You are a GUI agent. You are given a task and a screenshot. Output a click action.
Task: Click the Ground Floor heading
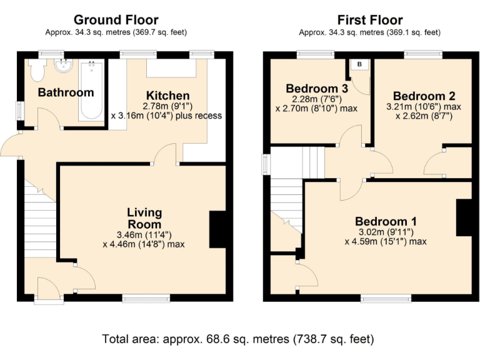click(x=116, y=21)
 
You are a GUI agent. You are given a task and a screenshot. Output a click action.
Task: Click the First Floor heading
click(x=369, y=21)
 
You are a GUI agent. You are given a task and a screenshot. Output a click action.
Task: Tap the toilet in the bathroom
click(x=36, y=70)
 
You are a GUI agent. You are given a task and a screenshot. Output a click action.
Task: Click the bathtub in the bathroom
click(x=92, y=90)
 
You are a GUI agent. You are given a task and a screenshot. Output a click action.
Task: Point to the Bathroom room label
click(x=66, y=92)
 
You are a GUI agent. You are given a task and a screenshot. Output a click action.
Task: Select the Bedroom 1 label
click(x=386, y=221)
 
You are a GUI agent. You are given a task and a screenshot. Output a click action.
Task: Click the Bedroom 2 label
click(x=424, y=96)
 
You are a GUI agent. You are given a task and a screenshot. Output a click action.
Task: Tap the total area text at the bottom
click(x=238, y=339)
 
